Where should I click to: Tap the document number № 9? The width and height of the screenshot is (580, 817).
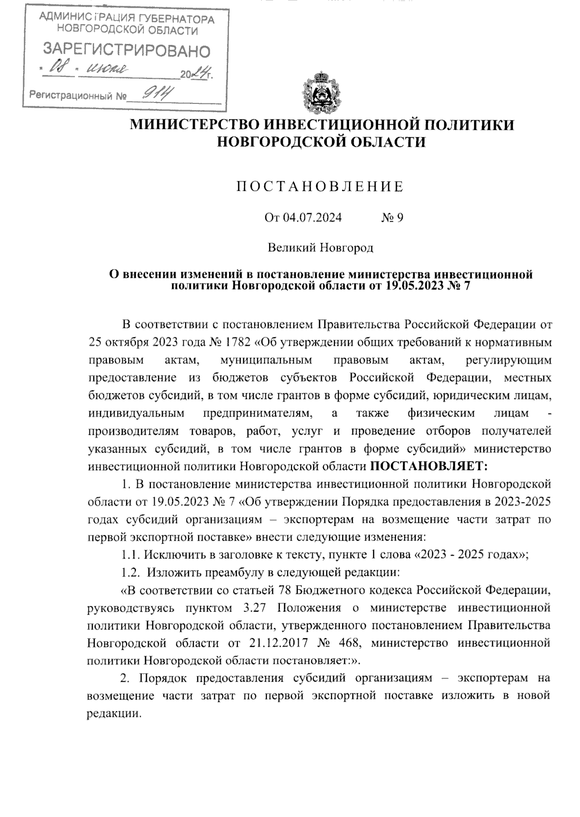[x=392, y=218]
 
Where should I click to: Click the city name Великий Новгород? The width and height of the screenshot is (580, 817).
[x=321, y=248]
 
